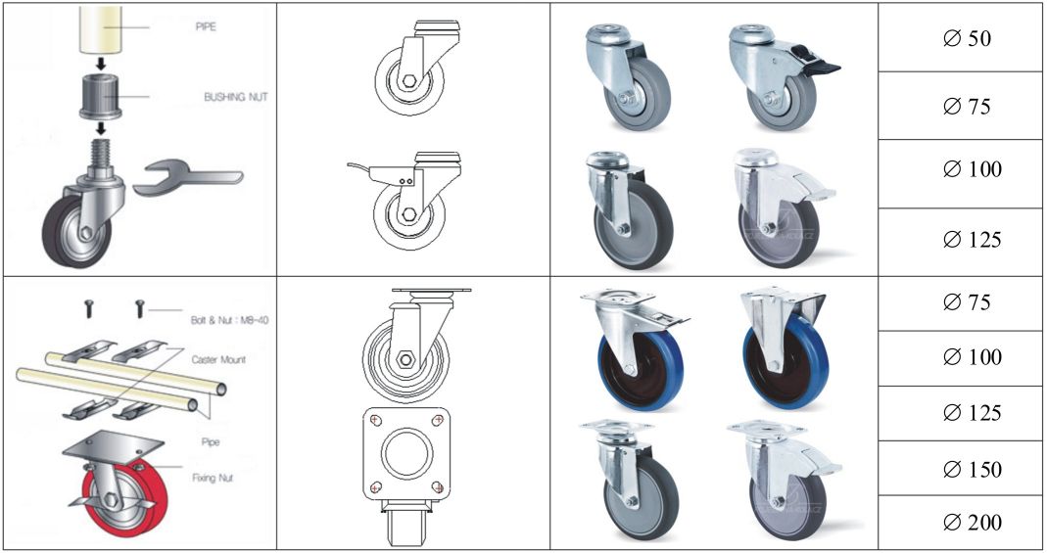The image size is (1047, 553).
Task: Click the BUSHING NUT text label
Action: (x=236, y=97)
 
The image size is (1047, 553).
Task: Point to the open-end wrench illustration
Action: (x=188, y=177)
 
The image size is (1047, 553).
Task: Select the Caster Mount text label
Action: (x=218, y=359)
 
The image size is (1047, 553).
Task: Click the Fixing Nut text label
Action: (x=213, y=478)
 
